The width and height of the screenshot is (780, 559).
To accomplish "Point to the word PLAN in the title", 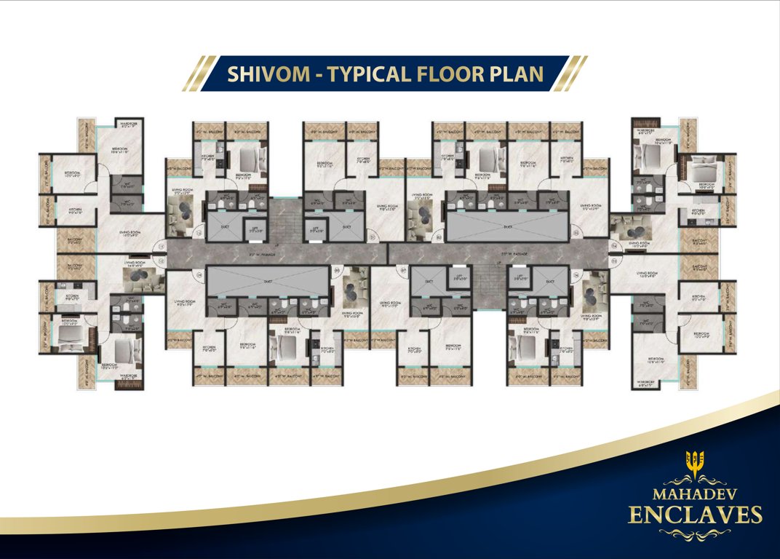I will click(x=517, y=74).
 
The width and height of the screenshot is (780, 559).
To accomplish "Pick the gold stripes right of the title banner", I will click(x=572, y=74).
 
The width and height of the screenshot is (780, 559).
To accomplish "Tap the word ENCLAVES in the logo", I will click(x=695, y=515).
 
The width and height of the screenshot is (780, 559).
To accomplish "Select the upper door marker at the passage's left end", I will click(x=162, y=245).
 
